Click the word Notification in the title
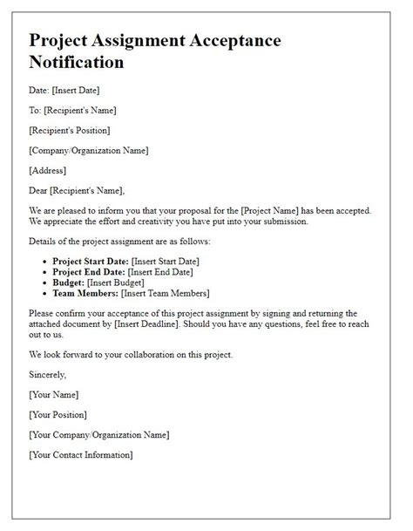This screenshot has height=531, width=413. (76, 63)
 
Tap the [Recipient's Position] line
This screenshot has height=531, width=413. (70, 130)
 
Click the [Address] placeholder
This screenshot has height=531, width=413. (49, 170)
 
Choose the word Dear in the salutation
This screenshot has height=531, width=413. (40, 190)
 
